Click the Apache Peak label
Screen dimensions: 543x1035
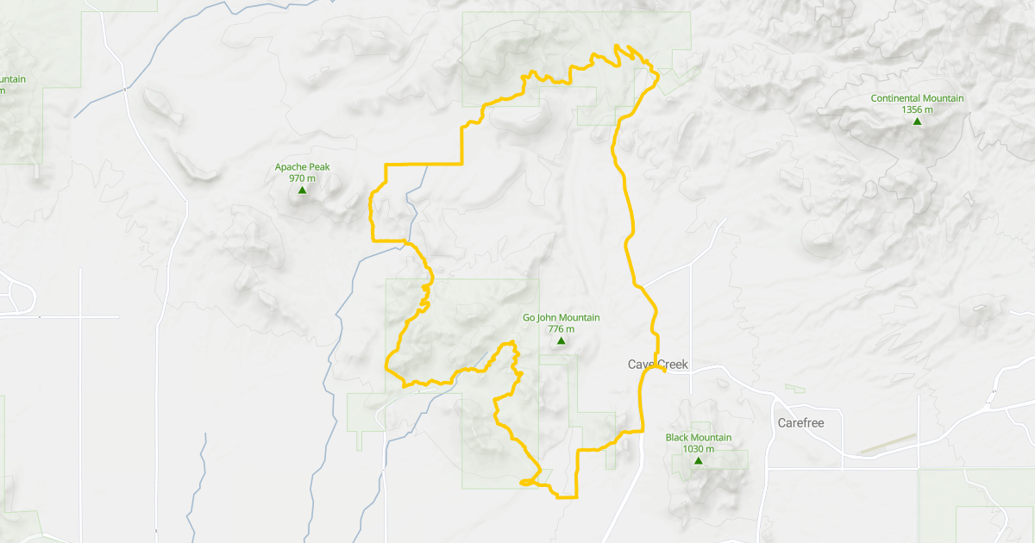[302, 167]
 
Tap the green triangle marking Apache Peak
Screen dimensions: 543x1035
[302, 190]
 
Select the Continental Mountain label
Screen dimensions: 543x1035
[917, 98]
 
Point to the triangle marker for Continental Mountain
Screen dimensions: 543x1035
[917, 122]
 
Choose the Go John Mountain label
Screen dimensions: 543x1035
[561, 318]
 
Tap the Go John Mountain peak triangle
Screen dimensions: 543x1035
[561, 341]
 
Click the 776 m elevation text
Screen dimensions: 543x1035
[561, 329]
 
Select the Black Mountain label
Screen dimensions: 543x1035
[698, 438]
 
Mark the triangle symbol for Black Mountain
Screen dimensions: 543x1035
[698, 461]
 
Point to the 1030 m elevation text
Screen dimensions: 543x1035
[698, 449]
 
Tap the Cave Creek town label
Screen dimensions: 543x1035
[658, 365]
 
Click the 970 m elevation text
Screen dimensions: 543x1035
[302, 178]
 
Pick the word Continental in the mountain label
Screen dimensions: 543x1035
[896, 98]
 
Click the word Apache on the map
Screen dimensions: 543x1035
[291, 167]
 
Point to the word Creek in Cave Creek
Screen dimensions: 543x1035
[674, 365]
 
